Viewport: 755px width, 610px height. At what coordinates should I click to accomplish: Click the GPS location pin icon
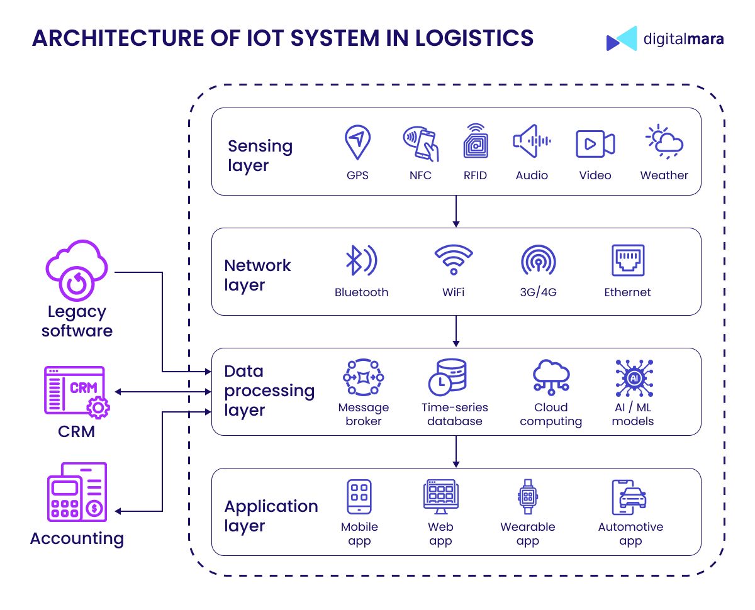357,141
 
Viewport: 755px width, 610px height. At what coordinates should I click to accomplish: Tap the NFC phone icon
421,143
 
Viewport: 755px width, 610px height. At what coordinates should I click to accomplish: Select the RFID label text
475,175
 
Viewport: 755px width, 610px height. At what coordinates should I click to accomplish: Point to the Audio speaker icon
532,141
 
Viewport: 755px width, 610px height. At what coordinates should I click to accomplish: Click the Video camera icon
595,143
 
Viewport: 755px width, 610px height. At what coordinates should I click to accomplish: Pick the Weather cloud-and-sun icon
664,141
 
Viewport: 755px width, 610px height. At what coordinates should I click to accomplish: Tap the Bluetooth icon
361,260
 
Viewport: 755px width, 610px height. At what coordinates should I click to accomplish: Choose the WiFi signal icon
454,260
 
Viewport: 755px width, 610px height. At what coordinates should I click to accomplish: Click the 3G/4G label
538,292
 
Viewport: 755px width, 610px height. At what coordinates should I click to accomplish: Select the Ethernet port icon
628,260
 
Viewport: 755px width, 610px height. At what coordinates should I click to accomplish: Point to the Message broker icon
363,377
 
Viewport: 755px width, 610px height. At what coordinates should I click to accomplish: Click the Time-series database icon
447,377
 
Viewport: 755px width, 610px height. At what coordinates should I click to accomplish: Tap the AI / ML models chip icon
634,378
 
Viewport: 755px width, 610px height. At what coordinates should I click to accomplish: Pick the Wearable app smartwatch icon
528,497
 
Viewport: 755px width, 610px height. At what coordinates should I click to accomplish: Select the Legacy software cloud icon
77,270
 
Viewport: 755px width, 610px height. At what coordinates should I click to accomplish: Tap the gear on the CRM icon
98,408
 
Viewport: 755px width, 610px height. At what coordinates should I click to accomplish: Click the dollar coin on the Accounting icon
94,509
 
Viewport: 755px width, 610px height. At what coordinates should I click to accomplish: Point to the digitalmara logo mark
622,38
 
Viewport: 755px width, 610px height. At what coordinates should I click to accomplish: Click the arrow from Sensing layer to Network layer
456,211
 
